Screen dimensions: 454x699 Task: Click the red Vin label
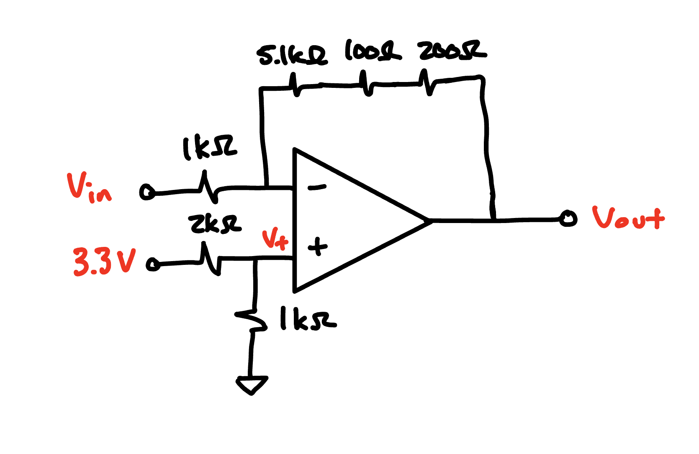(89, 188)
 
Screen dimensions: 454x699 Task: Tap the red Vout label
(627, 218)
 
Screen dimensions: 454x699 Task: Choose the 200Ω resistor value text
(452, 51)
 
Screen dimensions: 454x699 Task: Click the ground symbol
(252, 385)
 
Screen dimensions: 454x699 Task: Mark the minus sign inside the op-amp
(317, 187)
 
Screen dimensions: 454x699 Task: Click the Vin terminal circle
(147, 192)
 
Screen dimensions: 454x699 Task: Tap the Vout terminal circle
(568, 218)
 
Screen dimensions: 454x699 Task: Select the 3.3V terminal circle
(153, 264)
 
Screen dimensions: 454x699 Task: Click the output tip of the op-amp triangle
(429, 220)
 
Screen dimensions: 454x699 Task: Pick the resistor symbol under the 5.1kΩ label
(295, 85)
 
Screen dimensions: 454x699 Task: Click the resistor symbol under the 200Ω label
(427, 82)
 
